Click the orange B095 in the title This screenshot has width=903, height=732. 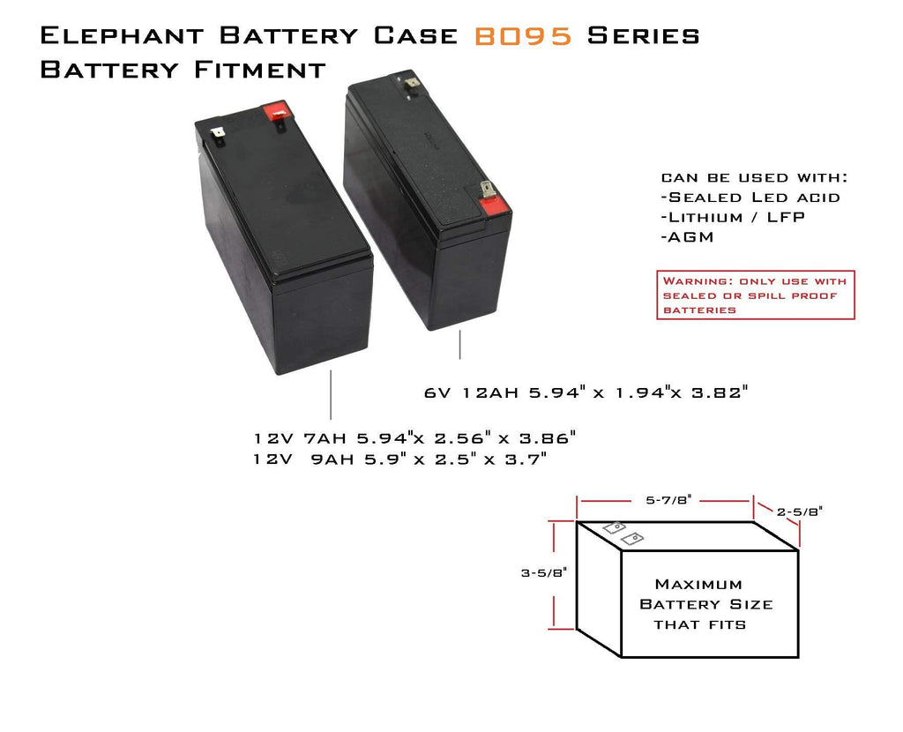click(x=525, y=36)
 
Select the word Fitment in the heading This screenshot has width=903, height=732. click(x=260, y=70)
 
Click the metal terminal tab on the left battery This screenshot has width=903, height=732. click(x=217, y=136)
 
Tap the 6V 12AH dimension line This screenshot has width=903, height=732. click(x=586, y=392)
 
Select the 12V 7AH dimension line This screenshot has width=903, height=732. click(x=414, y=437)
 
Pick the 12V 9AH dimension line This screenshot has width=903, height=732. click(x=400, y=459)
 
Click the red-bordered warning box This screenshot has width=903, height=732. click(x=756, y=295)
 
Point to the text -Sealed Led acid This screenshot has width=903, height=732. click(x=750, y=198)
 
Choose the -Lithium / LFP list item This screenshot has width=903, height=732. click(x=733, y=217)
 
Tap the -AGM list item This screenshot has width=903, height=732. click(x=687, y=237)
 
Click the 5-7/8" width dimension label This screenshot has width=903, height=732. click(x=666, y=499)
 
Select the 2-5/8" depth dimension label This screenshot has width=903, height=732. click(x=801, y=511)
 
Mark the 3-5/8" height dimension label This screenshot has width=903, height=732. click(x=543, y=571)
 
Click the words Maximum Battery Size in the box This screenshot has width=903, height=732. click(x=705, y=594)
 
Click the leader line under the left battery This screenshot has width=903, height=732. click(x=331, y=394)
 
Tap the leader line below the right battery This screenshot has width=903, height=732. click(x=459, y=345)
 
